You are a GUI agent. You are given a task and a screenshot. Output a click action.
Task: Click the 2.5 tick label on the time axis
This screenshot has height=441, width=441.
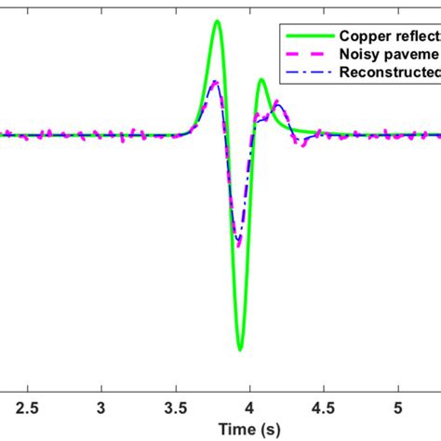point(28,408)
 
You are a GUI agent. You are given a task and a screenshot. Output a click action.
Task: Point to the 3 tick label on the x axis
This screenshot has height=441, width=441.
point(102,408)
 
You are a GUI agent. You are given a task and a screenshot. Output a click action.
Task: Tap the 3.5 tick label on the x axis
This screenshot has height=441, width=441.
point(176,408)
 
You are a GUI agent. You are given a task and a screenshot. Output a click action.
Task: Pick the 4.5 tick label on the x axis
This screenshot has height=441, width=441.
point(323,408)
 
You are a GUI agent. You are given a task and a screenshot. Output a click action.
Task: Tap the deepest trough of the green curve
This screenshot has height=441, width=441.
point(240,349)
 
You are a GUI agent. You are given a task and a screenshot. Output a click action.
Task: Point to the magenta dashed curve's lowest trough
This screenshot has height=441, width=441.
point(239,245)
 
